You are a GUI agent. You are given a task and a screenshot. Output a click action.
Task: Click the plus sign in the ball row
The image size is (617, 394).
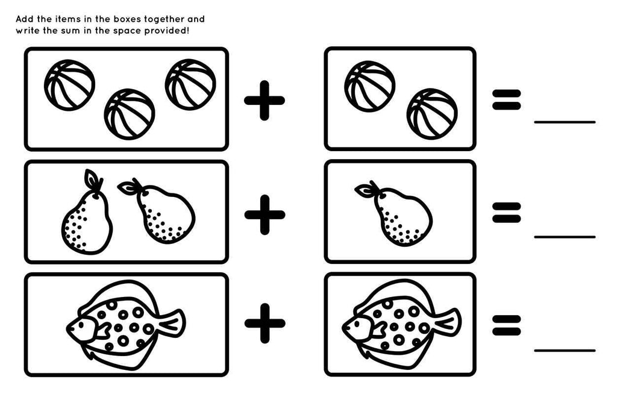tap(265, 101)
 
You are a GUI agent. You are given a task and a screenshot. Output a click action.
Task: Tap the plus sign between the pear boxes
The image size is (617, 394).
tap(265, 214)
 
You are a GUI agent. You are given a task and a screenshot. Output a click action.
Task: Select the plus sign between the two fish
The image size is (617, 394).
tap(265, 323)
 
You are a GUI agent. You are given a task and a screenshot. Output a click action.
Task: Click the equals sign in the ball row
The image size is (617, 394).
tap(506, 99)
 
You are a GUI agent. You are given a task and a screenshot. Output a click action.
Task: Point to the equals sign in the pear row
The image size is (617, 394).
tap(506, 213)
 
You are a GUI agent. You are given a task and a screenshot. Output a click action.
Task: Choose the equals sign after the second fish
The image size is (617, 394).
tap(506, 325)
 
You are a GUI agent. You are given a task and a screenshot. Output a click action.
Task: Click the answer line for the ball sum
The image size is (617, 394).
tap(565, 122)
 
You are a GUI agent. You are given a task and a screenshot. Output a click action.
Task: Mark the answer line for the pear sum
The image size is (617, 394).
tap(565, 237)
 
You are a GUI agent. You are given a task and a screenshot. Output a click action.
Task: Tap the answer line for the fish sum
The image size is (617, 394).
tap(565, 350)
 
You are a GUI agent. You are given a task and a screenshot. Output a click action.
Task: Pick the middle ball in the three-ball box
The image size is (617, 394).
tap(130, 114)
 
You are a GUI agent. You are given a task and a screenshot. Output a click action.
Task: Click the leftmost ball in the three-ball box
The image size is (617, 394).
tap(70, 85)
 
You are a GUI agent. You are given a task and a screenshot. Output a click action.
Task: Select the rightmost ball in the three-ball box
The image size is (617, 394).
tap(190, 84)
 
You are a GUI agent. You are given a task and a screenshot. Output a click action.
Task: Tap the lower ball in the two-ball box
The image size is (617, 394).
tap(432, 114)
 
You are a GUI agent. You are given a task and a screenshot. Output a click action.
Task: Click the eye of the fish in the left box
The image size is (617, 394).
tap(81, 325)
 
